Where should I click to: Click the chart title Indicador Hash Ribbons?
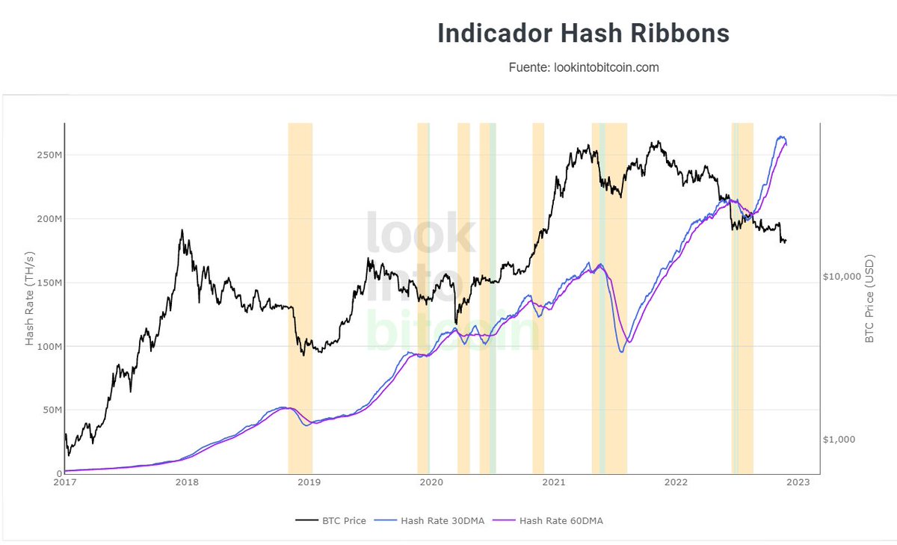point(583,34)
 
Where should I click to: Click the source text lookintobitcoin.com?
point(583,67)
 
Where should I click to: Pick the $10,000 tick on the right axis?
point(843,276)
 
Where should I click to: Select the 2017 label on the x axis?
point(65,483)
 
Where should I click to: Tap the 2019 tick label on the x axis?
point(309,483)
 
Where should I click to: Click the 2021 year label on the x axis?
point(554,483)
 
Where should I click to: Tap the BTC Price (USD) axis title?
point(869,299)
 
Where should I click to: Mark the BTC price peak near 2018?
point(182,231)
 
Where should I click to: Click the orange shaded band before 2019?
point(300,299)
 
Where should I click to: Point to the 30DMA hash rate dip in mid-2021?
point(622,351)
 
